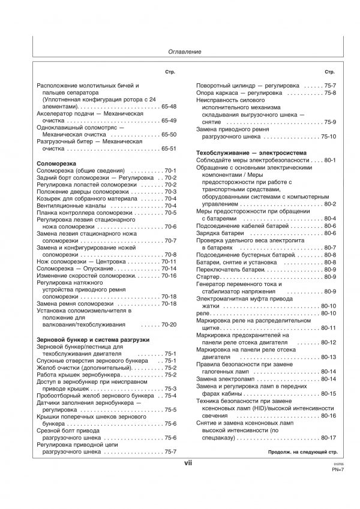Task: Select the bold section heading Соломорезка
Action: point(55,162)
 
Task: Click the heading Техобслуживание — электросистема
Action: point(251,154)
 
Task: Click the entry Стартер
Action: point(208,276)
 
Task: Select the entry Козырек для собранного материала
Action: point(88,198)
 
